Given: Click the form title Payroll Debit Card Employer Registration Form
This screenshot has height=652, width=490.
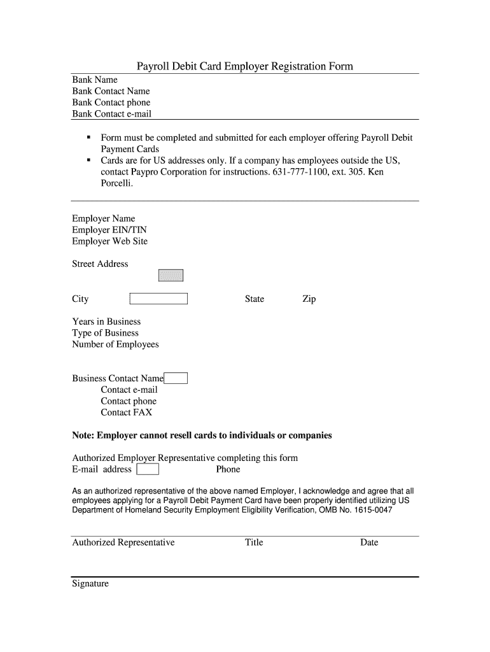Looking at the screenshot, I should coord(245,66).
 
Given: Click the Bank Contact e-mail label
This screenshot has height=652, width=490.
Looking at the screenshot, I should coord(111,114).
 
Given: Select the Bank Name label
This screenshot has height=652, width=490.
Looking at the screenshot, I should coord(95,80).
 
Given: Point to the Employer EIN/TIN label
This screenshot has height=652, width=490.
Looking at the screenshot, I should coord(109,230).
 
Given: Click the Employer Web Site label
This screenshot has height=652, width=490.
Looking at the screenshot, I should coord(109,241).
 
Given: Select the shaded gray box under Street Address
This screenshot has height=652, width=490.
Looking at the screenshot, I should coord(171,275).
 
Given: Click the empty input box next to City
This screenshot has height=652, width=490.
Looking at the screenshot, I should coord(158,299).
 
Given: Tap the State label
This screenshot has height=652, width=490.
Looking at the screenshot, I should coord(255,299).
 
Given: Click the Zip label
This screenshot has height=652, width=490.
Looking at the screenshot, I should coord(309,299).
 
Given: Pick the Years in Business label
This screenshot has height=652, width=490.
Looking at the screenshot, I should coord(106,322).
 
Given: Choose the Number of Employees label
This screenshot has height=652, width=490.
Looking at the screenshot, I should coord(115,344).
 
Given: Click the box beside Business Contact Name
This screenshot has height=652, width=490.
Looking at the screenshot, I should coord(176,378).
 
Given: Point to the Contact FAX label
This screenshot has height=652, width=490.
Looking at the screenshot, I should coord(126,413).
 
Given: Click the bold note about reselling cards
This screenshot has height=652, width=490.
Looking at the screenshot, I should coord(202,436).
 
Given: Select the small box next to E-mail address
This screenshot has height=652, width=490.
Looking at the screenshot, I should coord(148,470).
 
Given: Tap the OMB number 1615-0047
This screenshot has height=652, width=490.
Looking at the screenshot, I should coord(370,511).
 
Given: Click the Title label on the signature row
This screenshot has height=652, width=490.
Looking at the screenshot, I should coord(254,542).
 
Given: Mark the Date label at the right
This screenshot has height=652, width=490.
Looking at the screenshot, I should coord(368,542).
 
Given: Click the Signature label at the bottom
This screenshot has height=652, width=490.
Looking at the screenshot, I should coord(90,583).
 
